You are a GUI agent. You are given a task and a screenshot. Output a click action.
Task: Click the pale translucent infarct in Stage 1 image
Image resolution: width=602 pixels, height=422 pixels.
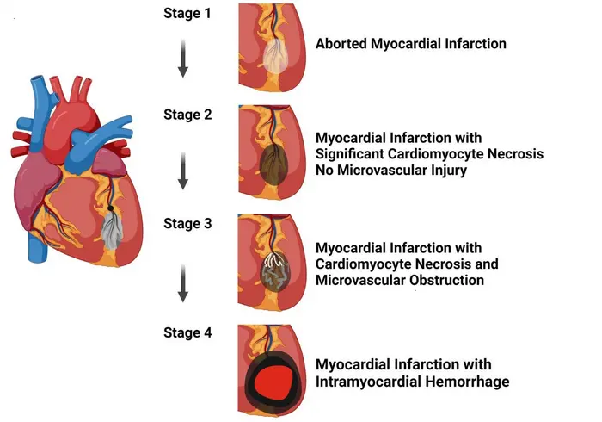pyautogui.click(x=274, y=57)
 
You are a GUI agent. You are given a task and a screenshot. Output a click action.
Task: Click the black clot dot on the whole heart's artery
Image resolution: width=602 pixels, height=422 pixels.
pyautogui.click(x=111, y=208)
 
